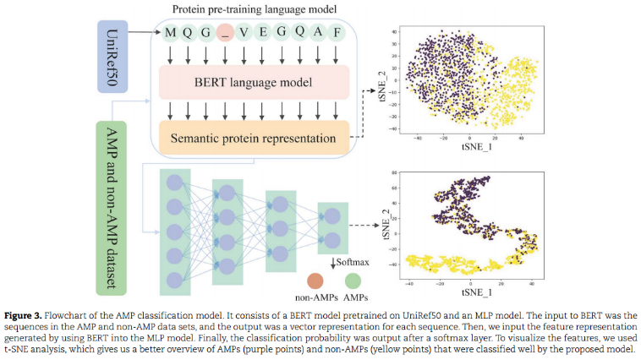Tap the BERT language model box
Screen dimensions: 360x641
coord(254,83)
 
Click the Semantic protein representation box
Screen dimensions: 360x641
coord(254,137)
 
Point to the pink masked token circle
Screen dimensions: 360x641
coord(225,33)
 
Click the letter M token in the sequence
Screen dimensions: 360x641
coord(171,33)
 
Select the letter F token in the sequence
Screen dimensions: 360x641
coord(337,33)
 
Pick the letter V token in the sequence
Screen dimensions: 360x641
coord(244,33)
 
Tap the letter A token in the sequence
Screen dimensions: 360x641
coord(319,33)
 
